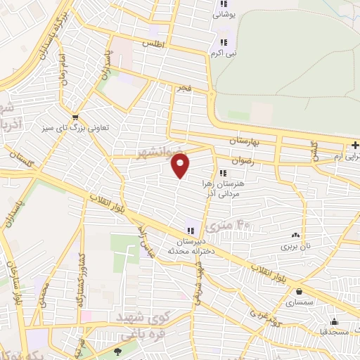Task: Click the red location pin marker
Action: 181,166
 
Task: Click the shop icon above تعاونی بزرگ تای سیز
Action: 75,117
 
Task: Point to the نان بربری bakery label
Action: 296,247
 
